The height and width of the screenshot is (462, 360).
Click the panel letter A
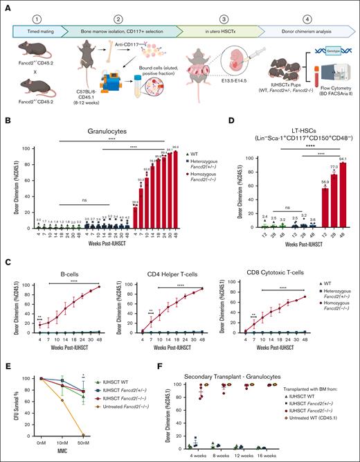(x=6, y=6)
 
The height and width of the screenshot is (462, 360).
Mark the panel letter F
(x=160, y=361)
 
